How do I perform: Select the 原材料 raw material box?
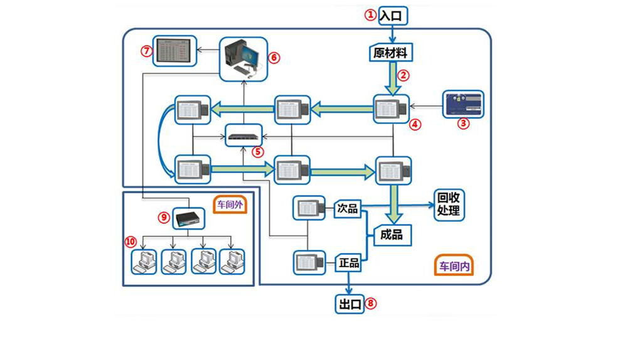coord(390,53)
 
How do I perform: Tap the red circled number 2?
coord(404,75)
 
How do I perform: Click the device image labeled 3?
coord(464,104)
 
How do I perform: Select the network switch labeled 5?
coord(244,136)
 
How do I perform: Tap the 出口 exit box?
coord(350,305)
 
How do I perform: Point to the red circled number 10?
coord(130,241)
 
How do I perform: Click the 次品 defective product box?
coord(348,208)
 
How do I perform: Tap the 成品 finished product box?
coord(392,235)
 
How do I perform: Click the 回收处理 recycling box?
coord(449,204)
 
